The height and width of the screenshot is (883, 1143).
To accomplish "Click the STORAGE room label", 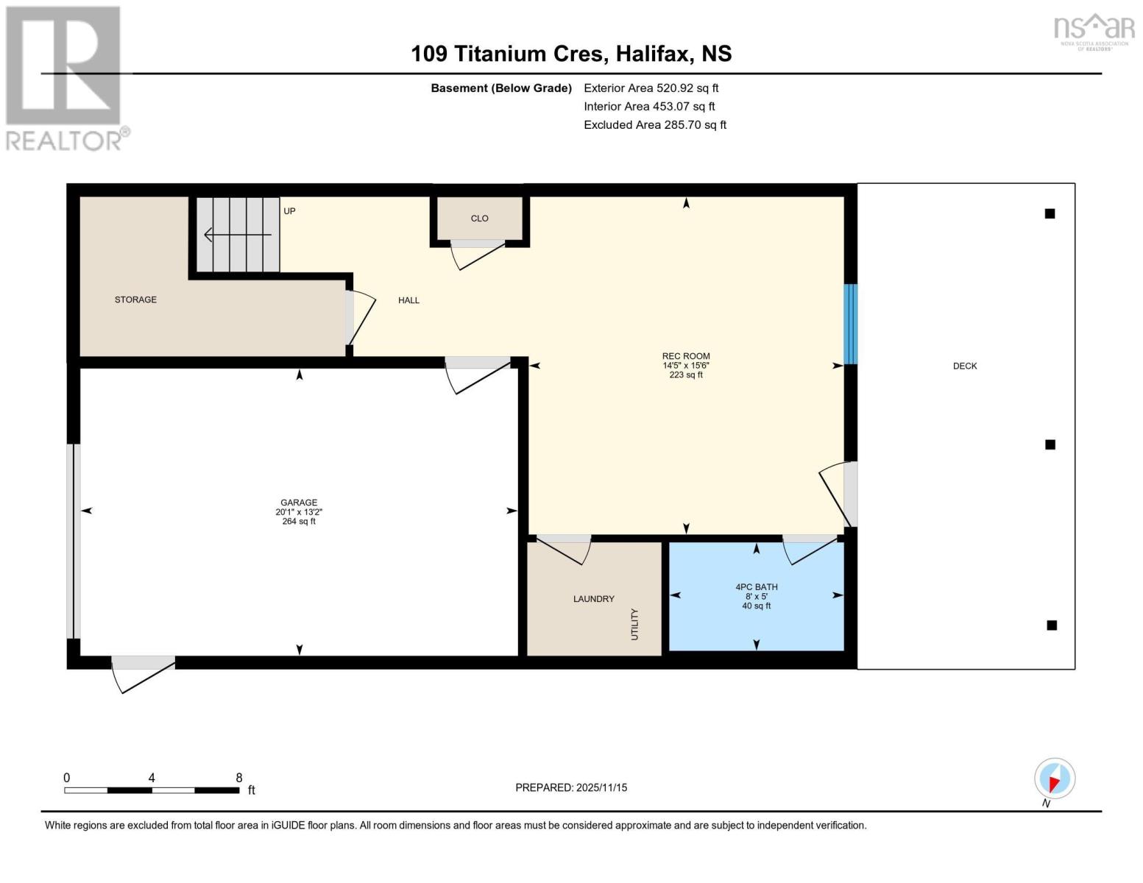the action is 135,299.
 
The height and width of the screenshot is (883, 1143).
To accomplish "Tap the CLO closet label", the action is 480,219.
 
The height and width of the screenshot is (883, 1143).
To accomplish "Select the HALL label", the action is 408,300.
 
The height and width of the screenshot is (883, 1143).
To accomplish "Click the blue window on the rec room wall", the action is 851,324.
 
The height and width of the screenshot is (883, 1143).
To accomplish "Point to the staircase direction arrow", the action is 238,235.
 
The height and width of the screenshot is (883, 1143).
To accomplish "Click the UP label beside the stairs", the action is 289,211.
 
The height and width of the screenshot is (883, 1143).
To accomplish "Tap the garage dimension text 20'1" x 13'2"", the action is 299,512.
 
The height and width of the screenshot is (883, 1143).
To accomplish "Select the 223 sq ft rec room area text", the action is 686,375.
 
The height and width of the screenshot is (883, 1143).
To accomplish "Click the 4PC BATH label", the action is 757,587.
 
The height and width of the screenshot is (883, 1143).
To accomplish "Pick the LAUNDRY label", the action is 594,599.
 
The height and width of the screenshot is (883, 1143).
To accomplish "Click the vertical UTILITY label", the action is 634,624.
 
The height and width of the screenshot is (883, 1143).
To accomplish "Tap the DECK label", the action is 965,366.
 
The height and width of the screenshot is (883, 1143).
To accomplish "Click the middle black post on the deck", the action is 1050,445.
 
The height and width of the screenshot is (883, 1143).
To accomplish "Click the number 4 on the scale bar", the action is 152,778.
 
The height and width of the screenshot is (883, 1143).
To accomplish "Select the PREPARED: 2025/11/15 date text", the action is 571,788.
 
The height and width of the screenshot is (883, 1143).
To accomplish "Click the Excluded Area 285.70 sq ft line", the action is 655,125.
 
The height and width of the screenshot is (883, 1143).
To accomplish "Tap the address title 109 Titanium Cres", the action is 507,54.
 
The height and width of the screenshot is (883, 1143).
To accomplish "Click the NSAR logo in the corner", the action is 1094,32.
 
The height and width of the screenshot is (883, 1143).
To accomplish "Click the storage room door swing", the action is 363,321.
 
